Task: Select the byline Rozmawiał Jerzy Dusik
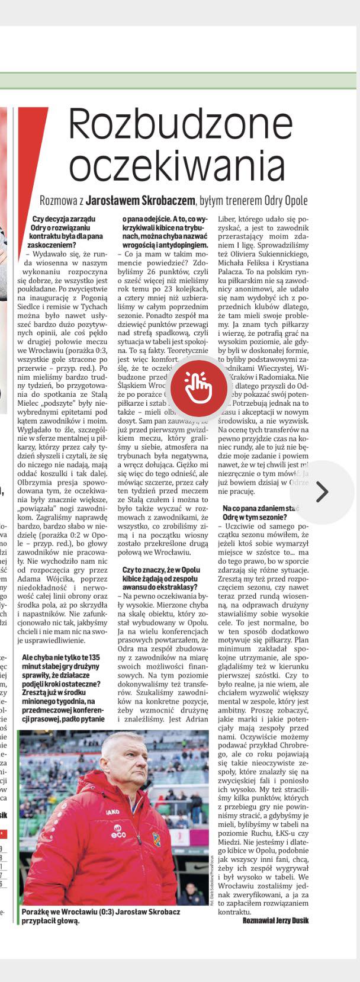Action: [x=275, y=920]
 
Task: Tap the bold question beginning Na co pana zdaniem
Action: [x=261, y=513]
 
